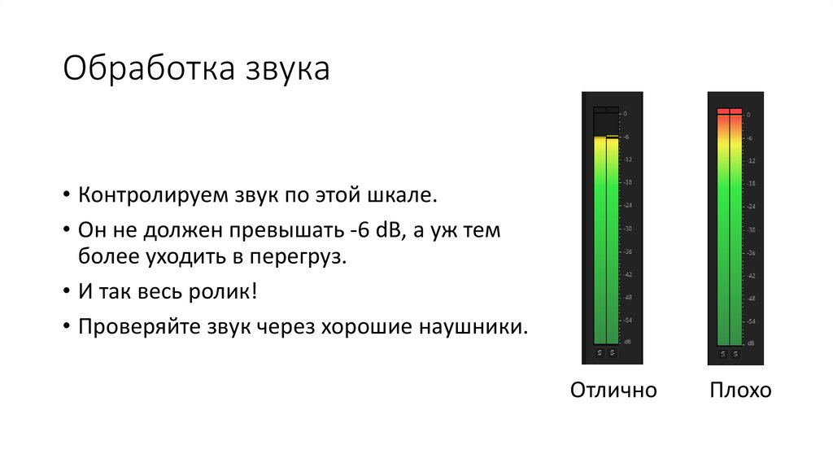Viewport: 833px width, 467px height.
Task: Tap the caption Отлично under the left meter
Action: pos(613,390)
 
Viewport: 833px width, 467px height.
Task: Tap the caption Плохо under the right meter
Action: pos(740,390)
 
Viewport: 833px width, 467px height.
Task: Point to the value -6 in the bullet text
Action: pos(360,231)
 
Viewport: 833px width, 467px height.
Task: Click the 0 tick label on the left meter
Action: pos(625,114)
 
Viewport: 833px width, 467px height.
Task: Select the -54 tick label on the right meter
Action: pos(751,321)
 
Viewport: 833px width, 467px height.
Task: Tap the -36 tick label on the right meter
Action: pos(751,252)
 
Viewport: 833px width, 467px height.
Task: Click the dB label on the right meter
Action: pos(751,343)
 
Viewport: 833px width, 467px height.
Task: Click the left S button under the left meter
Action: pos(600,353)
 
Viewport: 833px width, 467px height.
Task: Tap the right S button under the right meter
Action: pos(735,353)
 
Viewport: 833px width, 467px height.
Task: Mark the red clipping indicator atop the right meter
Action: pos(729,111)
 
